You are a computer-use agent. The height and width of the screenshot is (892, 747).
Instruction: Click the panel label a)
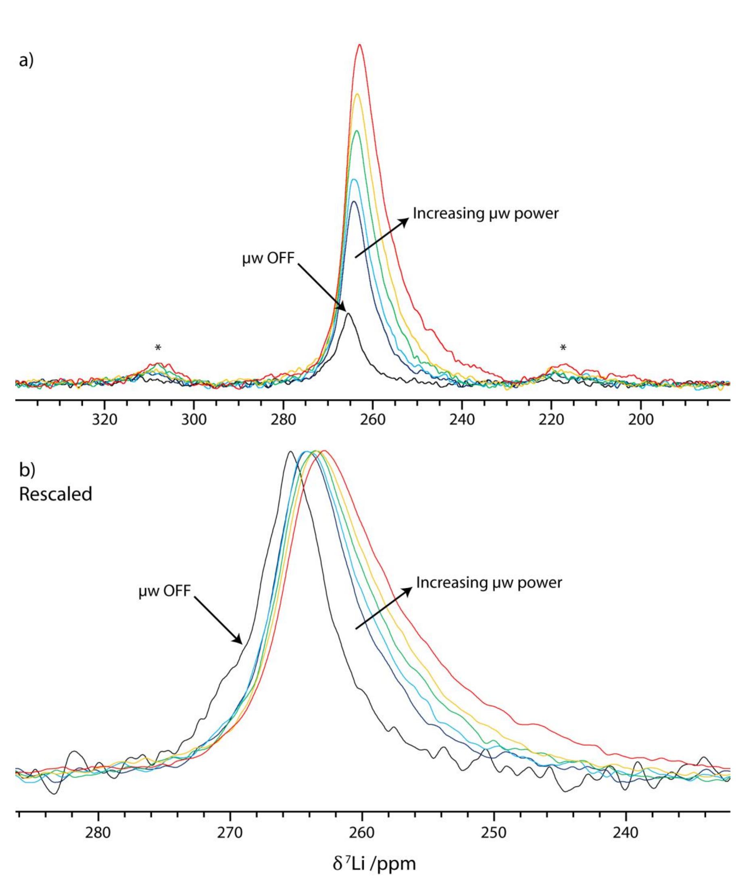(26, 61)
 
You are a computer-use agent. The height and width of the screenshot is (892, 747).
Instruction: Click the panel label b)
(27, 470)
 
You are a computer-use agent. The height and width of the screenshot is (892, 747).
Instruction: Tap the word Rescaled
(55, 494)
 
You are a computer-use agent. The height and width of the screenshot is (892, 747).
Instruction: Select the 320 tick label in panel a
(104, 420)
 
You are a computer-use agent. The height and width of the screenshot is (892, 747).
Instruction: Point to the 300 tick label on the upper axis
(194, 420)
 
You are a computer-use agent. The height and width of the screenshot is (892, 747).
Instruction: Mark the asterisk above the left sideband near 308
(158, 348)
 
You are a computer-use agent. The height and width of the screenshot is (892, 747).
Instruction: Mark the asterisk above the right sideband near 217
(563, 348)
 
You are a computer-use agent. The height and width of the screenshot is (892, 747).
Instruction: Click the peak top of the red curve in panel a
(360, 45)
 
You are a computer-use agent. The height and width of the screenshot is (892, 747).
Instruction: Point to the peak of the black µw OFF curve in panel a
(348, 313)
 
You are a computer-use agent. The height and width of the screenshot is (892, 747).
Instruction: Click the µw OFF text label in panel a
(268, 258)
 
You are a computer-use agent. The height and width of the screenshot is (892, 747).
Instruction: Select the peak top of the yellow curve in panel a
(357, 94)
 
